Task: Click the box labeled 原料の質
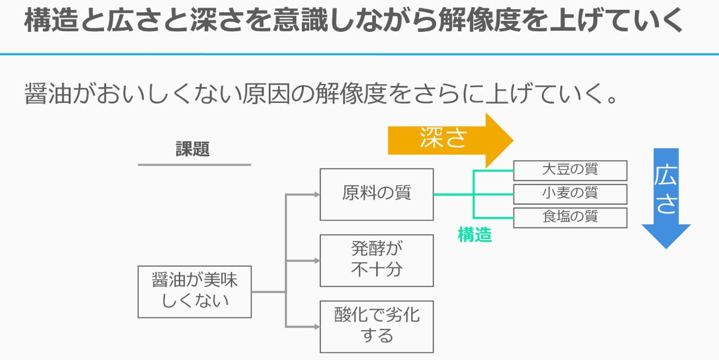click(x=377, y=195)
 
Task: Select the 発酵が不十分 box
click(x=377, y=260)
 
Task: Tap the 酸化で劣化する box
click(x=377, y=327)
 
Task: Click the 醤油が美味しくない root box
click(x=195, y=292)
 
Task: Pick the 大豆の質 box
click(x=570, y=170)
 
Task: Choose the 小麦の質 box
click(x=570, y=194)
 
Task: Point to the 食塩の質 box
click(x=570, y=218)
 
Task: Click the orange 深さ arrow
click(x=450, y=140)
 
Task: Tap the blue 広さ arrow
click(x=666, y=198)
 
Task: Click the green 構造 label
click(x=474, y=235)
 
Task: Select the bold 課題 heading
click(x=193, y=149)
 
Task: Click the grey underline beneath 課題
click(x=195, y=165)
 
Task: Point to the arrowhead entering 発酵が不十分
click(x=316, y=260)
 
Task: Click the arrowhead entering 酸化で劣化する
click(x=316, y=327)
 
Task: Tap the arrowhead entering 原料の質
click(x=316, y=195)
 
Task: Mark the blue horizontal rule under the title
click(x=359, y=54)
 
